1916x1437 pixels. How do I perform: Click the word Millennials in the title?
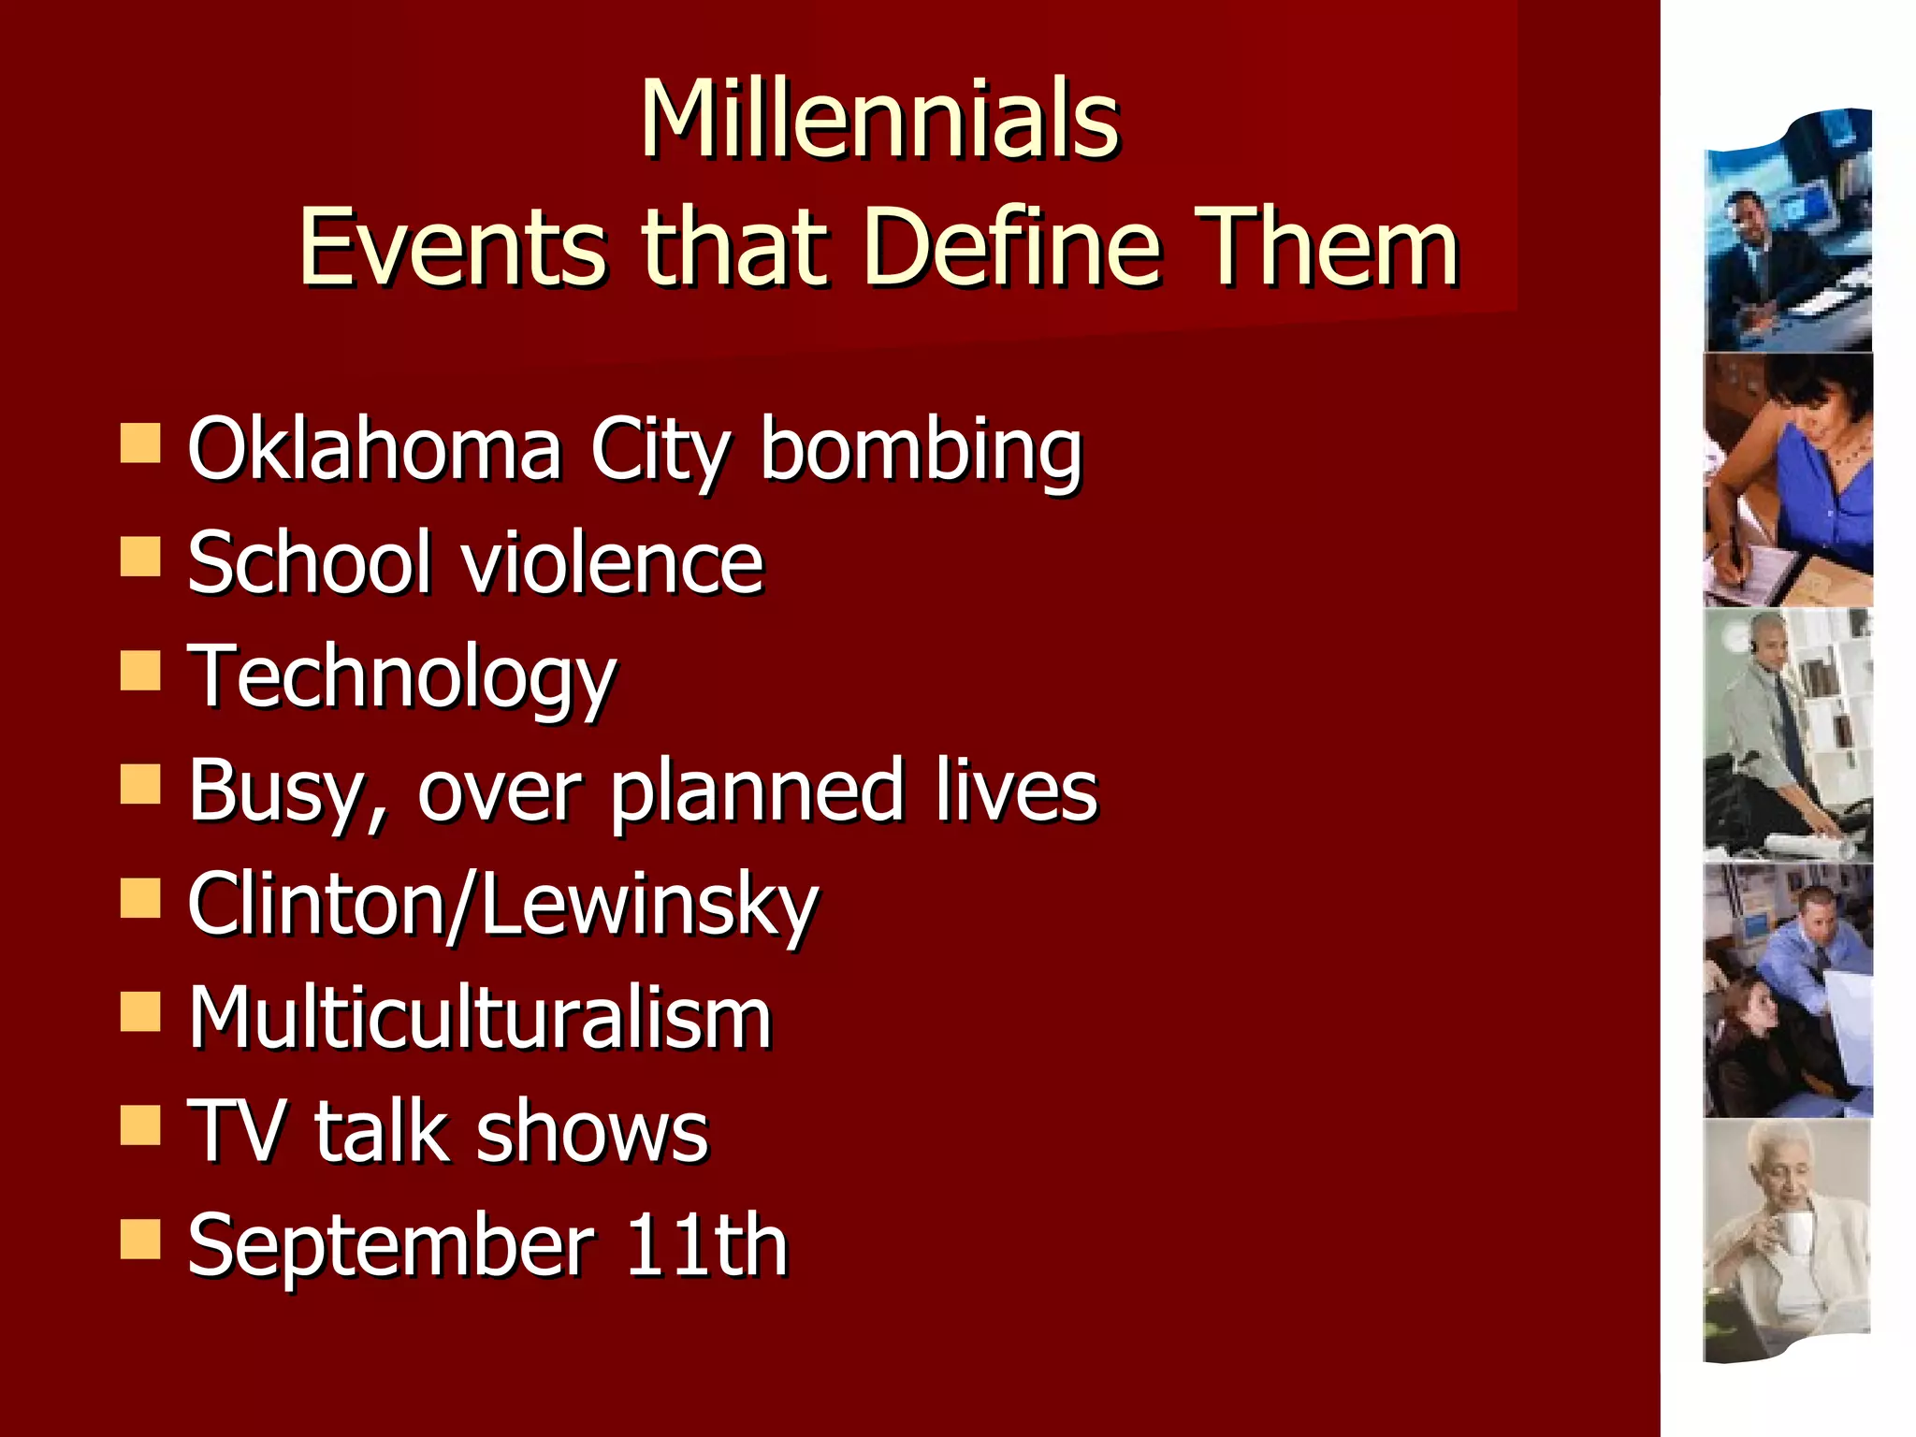coord(879,119)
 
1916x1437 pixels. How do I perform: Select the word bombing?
coord(921,451)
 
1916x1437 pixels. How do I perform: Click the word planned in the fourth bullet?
coord(758,791)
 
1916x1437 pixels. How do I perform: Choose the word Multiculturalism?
coord(480,1018)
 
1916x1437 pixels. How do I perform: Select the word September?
coord(391,1245)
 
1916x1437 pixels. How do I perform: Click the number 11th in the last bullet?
coord(706,1245)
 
